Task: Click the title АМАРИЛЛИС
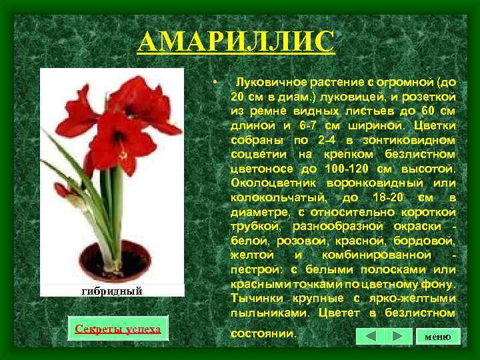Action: (236, 42)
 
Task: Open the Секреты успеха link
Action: (118, 329)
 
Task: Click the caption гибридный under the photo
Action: (112, 291)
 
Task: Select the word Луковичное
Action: (272, 83)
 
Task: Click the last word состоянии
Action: (263, 332)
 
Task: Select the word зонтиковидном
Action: (406, 140)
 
